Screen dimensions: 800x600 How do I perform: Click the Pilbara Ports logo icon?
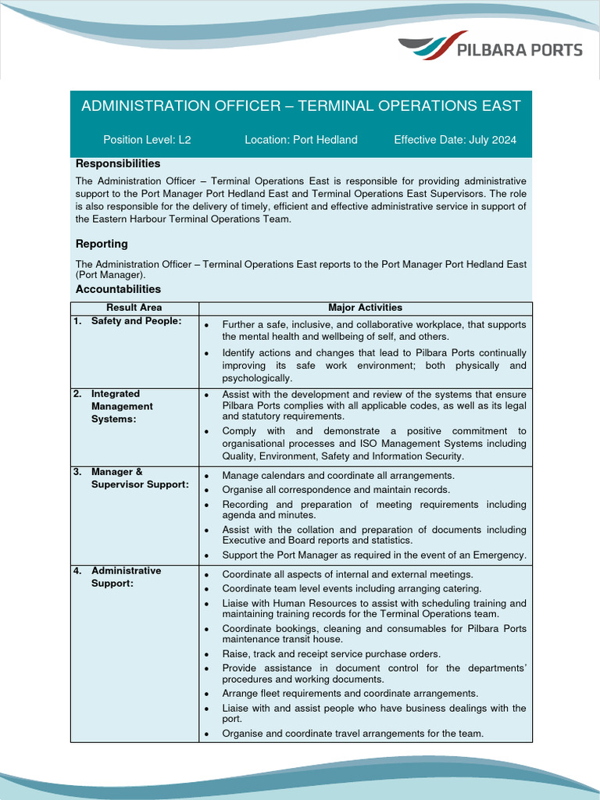point(433,47)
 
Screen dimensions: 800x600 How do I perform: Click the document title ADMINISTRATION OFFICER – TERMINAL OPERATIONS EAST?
point(301,105)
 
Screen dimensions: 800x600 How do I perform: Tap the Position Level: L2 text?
point(147,140)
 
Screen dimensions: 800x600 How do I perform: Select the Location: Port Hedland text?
point(301,140)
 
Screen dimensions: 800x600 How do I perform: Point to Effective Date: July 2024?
point(455,140)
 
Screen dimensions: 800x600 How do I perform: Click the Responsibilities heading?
point(118,163)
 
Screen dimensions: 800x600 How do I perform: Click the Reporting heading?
point(102,244)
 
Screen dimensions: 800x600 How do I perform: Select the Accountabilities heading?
point(118,289)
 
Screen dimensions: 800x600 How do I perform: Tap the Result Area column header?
point(134,308)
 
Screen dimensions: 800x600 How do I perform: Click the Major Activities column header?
point(365,308)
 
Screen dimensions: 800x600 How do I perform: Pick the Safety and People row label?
point(136,321)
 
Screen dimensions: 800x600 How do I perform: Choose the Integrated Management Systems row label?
point(122,406)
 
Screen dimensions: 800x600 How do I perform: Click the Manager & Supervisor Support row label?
point(139,478)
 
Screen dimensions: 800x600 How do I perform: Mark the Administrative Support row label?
point(126,577)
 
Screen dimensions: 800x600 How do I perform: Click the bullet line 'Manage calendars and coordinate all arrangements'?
point(337,475)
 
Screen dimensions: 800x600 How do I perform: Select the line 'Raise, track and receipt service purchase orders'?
point(331,653)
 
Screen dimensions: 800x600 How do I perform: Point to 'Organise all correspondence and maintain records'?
point(336,490)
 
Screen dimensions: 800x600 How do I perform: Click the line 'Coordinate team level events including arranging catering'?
point(352,588)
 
